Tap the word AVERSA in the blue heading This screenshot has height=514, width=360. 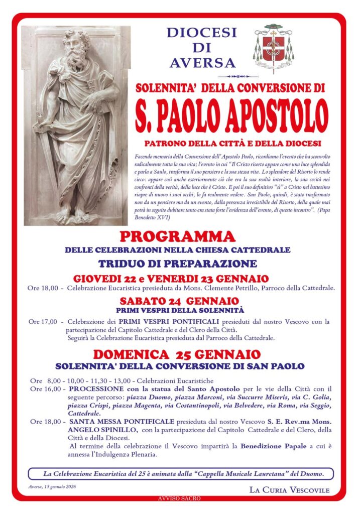point(202,63)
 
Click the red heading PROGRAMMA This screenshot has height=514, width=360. point(178,236)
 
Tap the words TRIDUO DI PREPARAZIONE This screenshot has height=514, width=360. point(178,264)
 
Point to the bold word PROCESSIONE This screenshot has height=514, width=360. point(93,389)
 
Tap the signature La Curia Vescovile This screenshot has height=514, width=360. point(289,489)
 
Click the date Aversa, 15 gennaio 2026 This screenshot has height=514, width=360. point(52,487)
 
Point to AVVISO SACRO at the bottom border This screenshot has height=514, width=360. point(179,498)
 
